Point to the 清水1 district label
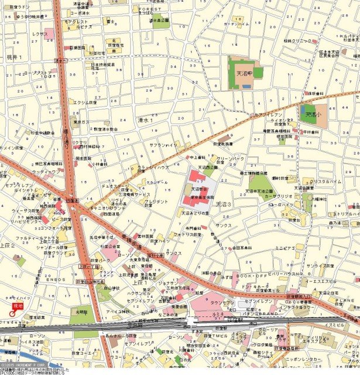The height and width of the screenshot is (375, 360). click(x=143, y=120)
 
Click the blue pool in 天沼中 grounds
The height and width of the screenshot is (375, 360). click(x=246, y=87)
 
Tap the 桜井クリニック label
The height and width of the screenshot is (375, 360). click(x=296, y=41)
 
